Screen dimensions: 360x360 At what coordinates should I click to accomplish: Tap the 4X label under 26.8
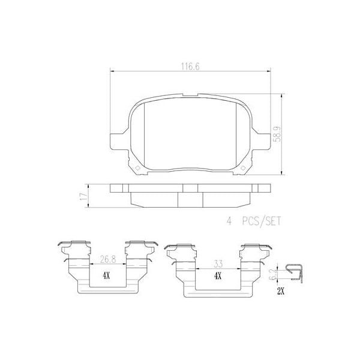107,275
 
